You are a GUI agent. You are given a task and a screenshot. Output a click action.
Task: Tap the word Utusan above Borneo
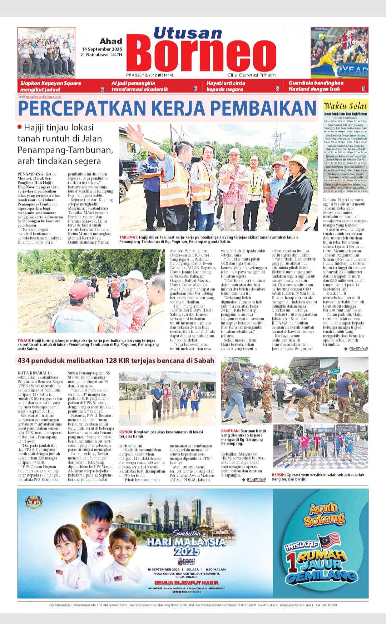pyautogui.click(x=188, y=33)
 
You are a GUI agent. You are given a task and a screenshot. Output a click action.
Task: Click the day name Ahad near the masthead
pyautogui.click(x=111, y=41)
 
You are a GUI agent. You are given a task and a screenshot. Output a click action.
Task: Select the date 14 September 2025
pyautogui.click(x=102, y=49)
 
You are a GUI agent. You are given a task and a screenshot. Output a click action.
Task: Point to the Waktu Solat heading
pyautogui.click(x=345, y=106)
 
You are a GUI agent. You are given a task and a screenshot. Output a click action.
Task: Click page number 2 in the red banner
pyautogui.click(x=103, y=89)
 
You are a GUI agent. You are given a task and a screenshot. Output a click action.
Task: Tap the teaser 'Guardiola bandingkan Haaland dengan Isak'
pyautogui.click(x=316, y=86)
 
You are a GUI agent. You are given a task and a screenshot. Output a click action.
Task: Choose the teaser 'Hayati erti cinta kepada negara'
pyautogui.click(x=226, y=86)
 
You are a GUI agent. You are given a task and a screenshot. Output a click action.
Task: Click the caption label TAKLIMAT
pyautogui.click(x=129, y=237)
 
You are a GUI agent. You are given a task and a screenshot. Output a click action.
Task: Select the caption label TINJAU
pyautogui.click(x=24, y=341)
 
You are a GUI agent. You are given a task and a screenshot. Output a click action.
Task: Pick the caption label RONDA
pyautogui.click(x=126, y=432)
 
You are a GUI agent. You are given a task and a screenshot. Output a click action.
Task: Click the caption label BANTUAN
pyautogui.click(x=230, y=431)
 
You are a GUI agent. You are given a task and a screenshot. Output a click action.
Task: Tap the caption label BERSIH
pyautogui.click(x=278, y=475)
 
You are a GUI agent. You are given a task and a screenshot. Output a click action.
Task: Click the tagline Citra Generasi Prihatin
pyautogui.click(x=252, y=75)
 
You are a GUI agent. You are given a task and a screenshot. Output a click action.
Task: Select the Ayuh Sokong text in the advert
pyautogui.click(x=324, y=515)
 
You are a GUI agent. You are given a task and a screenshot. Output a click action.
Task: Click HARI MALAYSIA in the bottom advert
pyautogui.click(x=186, y=542)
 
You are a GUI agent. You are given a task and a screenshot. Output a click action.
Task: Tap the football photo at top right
pyautogui.click(x=339, y=52)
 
